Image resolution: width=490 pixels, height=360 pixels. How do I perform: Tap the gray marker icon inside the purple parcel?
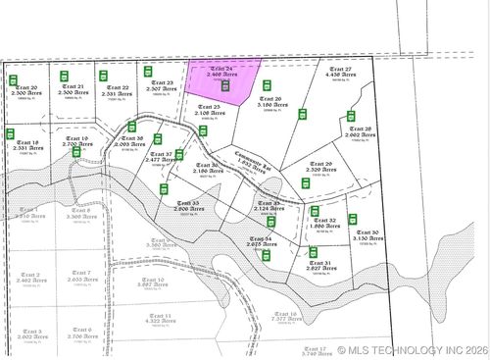click(x=224, y=86)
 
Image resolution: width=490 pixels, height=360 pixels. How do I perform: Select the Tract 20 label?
click(x=26, y=88)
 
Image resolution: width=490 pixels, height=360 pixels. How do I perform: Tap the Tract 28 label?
click(x=360, y=129)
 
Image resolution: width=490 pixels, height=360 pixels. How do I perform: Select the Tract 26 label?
click(x=270, y=99)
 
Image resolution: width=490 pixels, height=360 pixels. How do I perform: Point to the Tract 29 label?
click(x=321, y=164)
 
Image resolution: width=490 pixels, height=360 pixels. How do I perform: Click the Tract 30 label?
click(x=367, y=232)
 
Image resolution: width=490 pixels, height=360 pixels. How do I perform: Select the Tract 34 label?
click(x=260, y=238)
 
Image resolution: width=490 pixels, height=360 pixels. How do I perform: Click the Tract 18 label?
click(x=28, y=142)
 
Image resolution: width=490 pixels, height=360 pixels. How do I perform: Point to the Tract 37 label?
click(x=162, y=154)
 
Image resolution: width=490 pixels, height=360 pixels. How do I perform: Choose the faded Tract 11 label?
click(x=159, y=315)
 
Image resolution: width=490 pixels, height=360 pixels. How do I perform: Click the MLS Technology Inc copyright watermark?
click(x=412, y=349)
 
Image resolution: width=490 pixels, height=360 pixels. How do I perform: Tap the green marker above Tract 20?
click(x=14, y=79)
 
